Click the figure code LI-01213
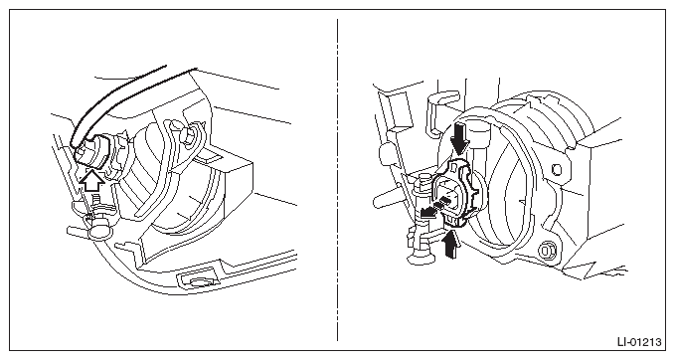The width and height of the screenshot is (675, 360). click(639, 342)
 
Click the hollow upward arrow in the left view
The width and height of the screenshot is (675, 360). click(92, 181)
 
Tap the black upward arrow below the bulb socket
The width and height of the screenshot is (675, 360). click(450, 245)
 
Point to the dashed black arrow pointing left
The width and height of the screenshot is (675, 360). click(435, 207)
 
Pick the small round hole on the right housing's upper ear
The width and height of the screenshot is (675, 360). click(557, 169)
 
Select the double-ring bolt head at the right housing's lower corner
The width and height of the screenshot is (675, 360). click(548, 251)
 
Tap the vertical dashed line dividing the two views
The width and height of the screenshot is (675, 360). click(338, 180)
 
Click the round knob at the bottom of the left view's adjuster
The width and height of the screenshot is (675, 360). click(99, 231)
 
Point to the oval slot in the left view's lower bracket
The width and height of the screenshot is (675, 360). click(199, 281)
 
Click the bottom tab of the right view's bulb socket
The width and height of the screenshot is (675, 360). click(454, 221)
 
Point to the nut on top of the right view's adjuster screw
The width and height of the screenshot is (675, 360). click(424, 180)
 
